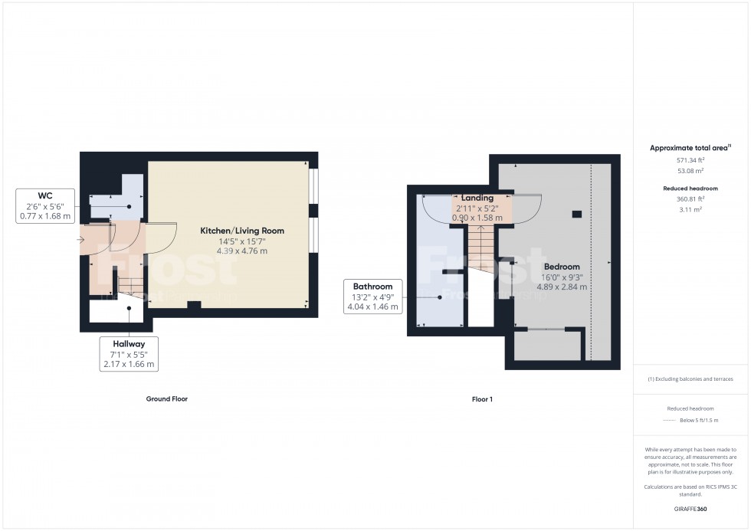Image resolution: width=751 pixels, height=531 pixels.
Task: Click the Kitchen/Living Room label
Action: point(242,231)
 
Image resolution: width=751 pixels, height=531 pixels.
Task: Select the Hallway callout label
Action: point(129,344)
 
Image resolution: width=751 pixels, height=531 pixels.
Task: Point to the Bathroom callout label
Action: point(373,287)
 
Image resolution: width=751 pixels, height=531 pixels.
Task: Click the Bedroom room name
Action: point(562,267)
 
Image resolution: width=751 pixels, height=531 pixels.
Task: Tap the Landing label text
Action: point(477,198)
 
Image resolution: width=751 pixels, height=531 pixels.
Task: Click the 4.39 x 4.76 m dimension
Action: point(242,251)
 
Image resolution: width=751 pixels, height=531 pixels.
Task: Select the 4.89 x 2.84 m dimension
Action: point(562,287)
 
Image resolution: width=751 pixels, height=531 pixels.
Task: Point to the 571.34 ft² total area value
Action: point(690,160)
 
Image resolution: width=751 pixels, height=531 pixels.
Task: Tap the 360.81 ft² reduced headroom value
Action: point(690,198)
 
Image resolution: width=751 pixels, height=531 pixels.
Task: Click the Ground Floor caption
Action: point(166,399)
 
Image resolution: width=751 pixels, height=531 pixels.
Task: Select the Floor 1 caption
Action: point(482,399)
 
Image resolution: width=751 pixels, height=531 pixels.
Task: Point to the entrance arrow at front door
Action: point(82,240)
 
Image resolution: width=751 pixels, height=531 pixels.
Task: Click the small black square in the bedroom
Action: point(576,213)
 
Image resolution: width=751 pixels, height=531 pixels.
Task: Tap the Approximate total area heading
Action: point(690,147)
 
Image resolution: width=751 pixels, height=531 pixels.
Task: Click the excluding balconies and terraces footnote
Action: point(690,379)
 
